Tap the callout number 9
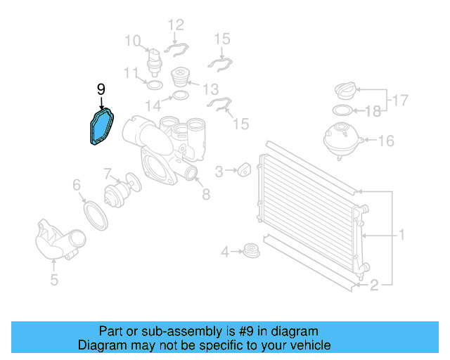(x=101, y=89)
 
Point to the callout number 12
(x=176, y=25)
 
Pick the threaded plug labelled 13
(x=181, y=75)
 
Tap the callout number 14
(x=154, y=105)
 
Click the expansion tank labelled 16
(x=342, y=139)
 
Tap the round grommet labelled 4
(x=250, y=250)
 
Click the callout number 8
(x=205, y=194)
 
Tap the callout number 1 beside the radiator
(x=401, y=234)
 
